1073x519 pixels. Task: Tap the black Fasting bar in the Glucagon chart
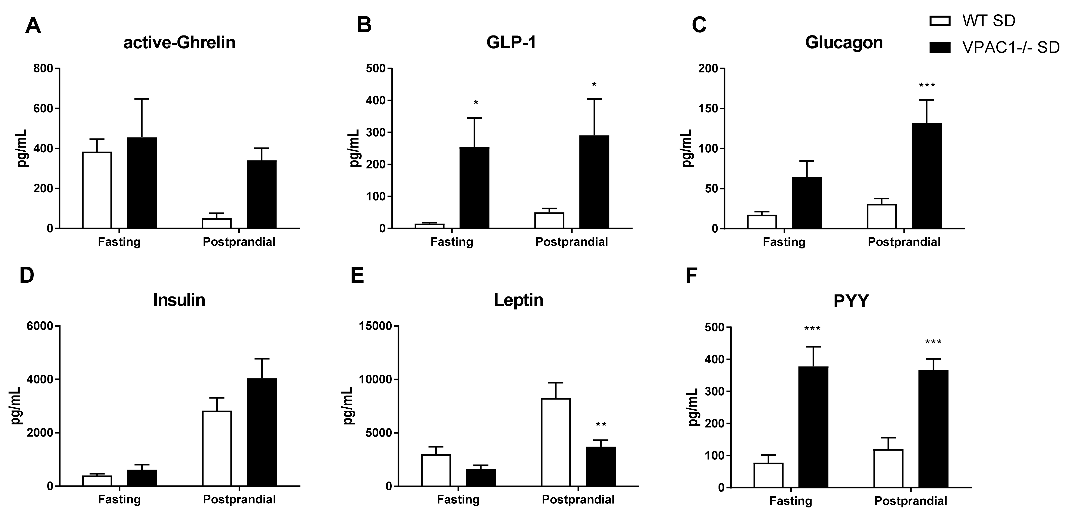[807, 203]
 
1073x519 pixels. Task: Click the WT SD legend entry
[989, 21]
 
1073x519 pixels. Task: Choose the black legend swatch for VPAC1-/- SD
[940, 48]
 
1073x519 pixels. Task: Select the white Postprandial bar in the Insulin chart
[217, 449]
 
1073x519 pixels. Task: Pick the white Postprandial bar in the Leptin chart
[556, 442]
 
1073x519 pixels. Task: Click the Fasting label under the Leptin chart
[458, 499]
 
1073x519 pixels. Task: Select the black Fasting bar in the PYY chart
[814, 427]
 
